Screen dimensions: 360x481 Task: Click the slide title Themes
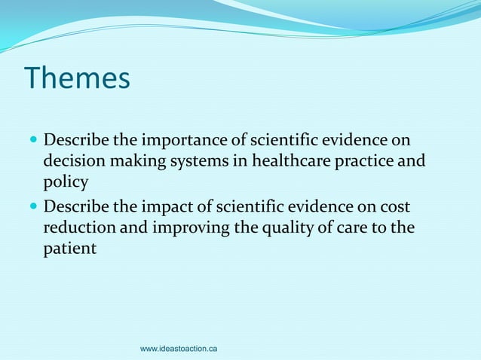point(77,78)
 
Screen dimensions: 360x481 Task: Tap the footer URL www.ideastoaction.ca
point(179,349)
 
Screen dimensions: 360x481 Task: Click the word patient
point(69,249)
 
